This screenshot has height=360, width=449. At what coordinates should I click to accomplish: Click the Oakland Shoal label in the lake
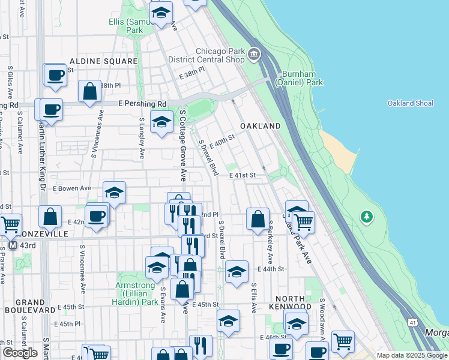coord(410,103)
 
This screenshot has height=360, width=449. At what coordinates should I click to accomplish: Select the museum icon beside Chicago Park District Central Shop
coord(255,55)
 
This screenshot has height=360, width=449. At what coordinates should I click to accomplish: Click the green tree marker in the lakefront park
coord(366,217)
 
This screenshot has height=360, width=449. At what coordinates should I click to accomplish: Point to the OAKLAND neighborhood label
coord(261,127)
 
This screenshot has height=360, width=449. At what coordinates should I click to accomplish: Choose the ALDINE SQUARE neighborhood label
coord(104,61)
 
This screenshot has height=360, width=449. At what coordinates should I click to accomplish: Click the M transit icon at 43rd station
coord(13,245)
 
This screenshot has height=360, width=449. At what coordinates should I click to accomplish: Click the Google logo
coord(20,353)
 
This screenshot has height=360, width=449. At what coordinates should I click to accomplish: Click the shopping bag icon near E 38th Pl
coord(89,92)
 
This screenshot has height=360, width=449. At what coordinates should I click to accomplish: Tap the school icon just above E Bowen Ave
coord(114,192)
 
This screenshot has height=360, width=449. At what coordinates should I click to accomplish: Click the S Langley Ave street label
coord(142,137)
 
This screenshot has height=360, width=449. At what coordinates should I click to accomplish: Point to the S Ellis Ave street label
coord(254,298)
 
